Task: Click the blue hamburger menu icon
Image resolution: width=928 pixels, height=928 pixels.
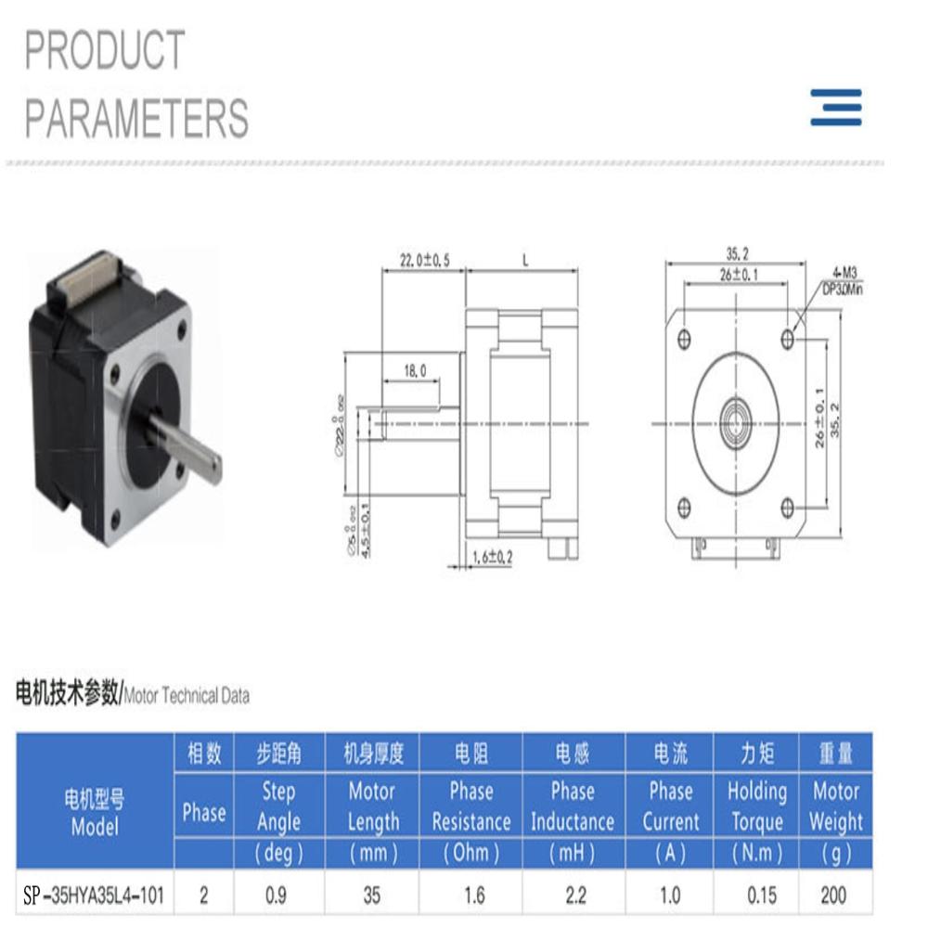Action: (x=835, y=107)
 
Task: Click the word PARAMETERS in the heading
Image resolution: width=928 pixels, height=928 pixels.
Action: (x=136, y=118)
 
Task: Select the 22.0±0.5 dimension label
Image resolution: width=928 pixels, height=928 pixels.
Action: (x=424, y=262)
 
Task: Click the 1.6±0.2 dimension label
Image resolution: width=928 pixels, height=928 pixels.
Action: (x=492, y=557)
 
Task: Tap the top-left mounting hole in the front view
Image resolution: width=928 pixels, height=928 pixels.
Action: (x=686, y=336)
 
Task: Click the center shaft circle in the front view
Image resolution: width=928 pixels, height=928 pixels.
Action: (x=737, y=421)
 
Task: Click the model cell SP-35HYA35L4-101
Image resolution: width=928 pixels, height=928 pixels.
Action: (x=94, y=896)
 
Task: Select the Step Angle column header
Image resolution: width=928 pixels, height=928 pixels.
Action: (x=277, y=806)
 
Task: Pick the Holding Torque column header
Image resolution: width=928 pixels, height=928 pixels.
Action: (x=756, y=806)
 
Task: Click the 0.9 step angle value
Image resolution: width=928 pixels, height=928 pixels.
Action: (x=277, y=896)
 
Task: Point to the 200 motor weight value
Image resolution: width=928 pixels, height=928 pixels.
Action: (x=834, y=896)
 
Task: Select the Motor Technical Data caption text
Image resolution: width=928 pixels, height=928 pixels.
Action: (x=187, y=696)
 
